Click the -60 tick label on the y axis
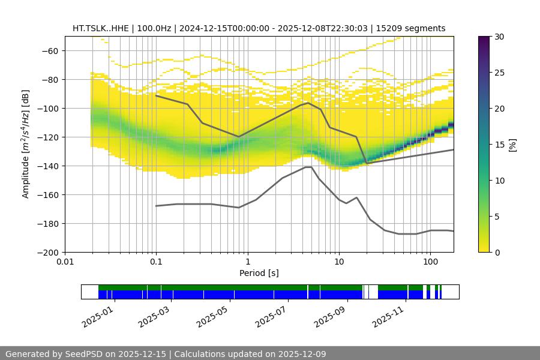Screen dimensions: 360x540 point(52,50)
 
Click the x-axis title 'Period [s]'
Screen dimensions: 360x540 point(259,273)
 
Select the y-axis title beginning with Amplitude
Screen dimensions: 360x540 point(26,144)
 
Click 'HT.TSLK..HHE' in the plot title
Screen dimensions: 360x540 point(99,28)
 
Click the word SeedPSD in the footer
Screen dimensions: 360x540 point(86,354)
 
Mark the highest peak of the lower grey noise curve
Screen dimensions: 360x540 point(308,167)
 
